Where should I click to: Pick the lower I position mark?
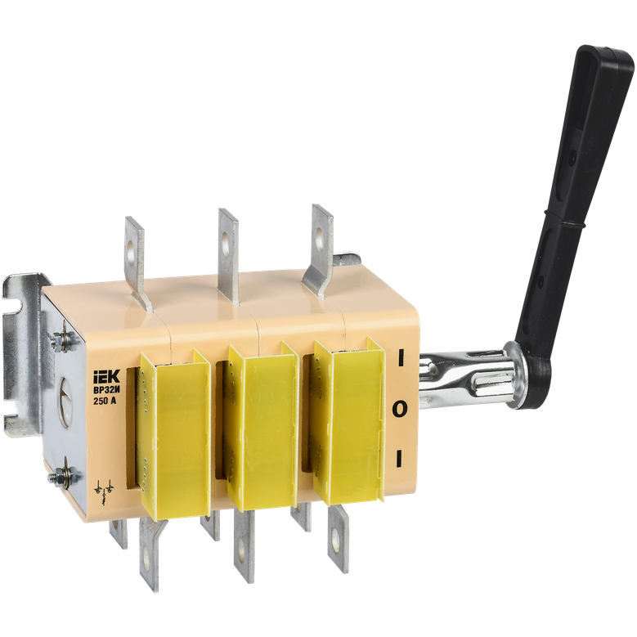[x=399, y=458]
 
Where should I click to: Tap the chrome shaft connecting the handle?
[x=467, y=376]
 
